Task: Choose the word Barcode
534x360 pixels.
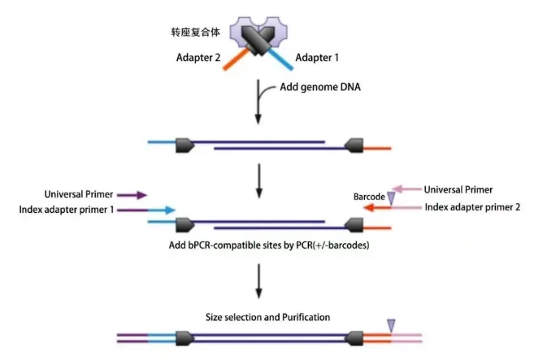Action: [x=370, y=197]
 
